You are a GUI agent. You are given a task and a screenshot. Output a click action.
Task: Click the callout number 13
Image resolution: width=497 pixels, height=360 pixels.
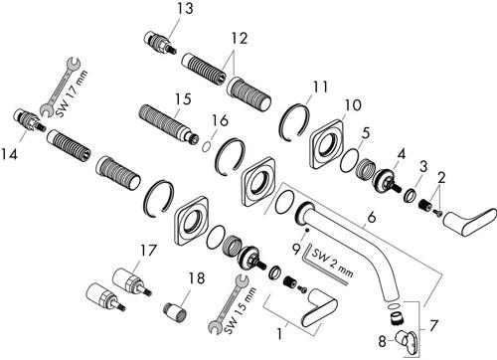click(x=184, y=8)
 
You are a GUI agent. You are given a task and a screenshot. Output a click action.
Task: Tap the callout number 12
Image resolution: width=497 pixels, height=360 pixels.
click(x=239, y=38)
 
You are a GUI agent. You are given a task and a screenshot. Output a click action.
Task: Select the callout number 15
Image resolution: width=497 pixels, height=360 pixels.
click(x=183, y=98)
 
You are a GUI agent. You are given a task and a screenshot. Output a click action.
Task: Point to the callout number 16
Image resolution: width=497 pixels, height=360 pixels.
click(x=221, y=120)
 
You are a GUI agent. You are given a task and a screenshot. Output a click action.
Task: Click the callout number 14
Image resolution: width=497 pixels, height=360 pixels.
click(x=9, y=154)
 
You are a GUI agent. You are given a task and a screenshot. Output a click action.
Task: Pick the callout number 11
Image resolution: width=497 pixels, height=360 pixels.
click(x=319, y=87)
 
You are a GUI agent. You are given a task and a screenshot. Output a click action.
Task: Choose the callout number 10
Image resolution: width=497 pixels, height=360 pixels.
click(x=353, y=105)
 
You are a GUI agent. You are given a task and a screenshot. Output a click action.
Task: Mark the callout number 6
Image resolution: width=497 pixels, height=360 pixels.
click(x=372, y=218)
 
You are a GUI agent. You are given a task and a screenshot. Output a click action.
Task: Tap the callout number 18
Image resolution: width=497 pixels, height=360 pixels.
click(x=197, y=278)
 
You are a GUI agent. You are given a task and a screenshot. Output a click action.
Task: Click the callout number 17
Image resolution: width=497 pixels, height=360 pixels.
click(x=147, y=251)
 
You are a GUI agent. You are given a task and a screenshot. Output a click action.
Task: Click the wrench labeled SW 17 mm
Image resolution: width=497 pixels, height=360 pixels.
click(x=59, y=88)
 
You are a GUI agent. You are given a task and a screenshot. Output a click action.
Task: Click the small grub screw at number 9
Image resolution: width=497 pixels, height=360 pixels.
click(x=308, y=230)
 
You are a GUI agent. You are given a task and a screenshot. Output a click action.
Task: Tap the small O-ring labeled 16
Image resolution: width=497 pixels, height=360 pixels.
click(x=206, y=146)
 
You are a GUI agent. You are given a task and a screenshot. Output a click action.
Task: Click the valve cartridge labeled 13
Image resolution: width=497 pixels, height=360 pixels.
click(x=160, y=43)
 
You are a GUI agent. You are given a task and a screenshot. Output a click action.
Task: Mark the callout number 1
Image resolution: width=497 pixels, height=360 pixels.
click(x=280, y=334)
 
